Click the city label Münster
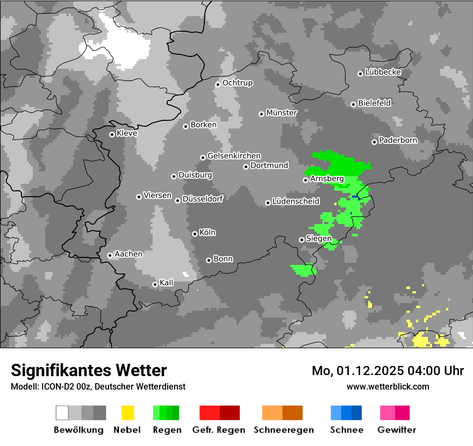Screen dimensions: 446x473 click(x=282, y=113)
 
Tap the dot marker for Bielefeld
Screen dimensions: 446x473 click(x=353, y=104)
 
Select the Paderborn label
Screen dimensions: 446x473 click(x=398, y=141)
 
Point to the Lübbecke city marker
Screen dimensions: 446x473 click(x=360, y=74)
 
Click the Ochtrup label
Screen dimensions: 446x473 click(x=237, y=83)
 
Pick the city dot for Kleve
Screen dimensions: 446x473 click(x=112, y=134)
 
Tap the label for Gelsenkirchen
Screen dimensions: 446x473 click(x=234, y=156)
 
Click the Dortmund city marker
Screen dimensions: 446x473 click(x=246, y=167)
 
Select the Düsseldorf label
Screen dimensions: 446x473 click(x=202, y=199)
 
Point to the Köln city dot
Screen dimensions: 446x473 click(x=195, y=234)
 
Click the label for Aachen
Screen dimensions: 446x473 click(x=128, y=254)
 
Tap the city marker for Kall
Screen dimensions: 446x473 click(x=155, y=284)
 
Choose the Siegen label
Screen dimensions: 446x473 click(x=319, y=239)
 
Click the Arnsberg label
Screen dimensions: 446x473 click(x=327, y=179)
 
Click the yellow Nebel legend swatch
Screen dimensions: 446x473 click(x=127, y=413)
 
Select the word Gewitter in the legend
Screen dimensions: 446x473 click(x=396, y=430)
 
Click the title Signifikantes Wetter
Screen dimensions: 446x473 click(x=89, y=370)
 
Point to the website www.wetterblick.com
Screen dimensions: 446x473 click(x=388, y=386)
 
